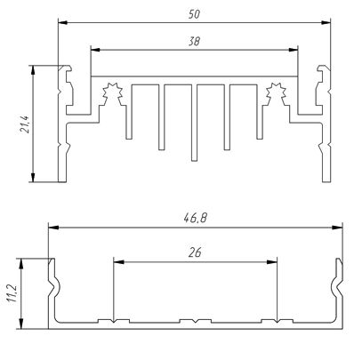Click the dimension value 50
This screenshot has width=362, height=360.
point(194,14)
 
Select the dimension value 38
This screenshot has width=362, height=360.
point(194,41)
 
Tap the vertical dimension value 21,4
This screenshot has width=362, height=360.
point(25,124)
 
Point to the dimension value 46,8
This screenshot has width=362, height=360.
point(196,219)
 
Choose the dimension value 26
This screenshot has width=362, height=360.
point(195,252)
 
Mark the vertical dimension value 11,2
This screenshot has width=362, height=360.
point(12,294)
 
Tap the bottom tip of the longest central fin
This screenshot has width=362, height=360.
point(194,161)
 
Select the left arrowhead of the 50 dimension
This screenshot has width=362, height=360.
point(63,22)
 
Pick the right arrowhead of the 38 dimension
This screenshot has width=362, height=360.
point(294,50)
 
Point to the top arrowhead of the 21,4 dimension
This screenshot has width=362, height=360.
point(33,70)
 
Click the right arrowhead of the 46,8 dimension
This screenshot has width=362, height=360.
point(337,228)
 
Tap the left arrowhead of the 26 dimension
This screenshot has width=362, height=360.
point(118,262)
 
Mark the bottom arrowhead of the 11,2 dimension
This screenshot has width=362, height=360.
point(21,324)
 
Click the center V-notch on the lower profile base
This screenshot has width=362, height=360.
point(195,322)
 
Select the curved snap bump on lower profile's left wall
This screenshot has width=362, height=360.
point(55,286)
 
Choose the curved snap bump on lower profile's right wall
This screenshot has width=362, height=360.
point(335,286)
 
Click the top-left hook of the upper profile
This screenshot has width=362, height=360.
point(66,68)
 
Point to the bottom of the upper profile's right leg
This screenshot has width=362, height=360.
point(326,181)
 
